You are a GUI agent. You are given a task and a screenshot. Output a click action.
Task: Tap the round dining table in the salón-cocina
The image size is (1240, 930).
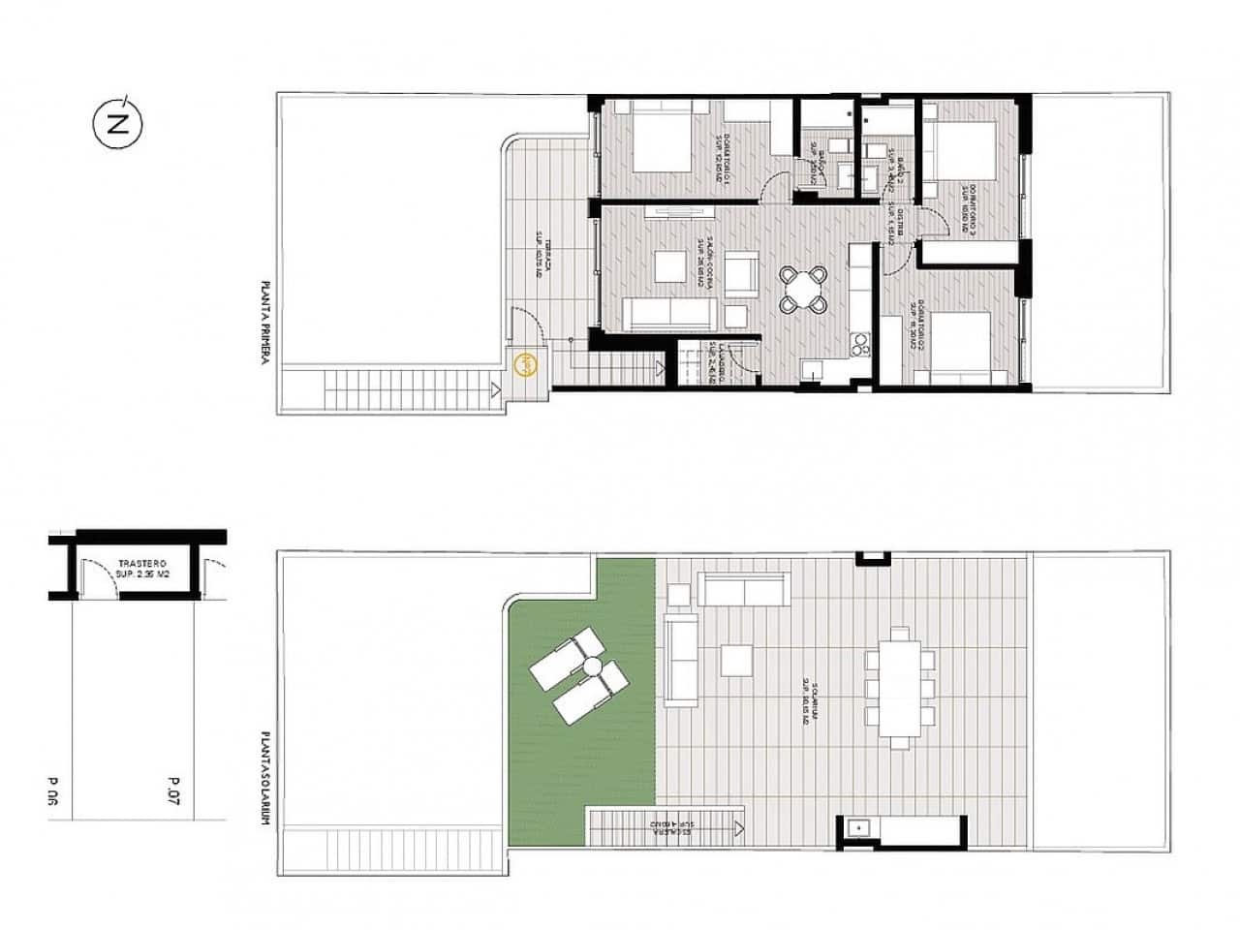(805, 290)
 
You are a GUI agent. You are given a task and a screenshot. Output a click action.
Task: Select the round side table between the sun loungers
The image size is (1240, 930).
(590, 666)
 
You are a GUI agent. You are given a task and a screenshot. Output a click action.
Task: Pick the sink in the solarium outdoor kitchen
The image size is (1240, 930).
(856, 827)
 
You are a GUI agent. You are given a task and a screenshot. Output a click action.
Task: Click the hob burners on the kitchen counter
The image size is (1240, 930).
(858, 344)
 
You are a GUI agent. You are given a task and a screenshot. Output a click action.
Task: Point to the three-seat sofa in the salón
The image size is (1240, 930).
(669, 314)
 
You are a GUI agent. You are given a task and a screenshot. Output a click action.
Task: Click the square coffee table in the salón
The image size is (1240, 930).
(668, 264)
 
